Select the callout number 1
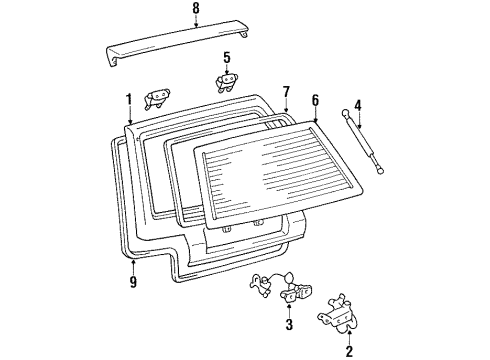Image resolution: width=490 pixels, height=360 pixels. pyautogui.click(x=128, y=98)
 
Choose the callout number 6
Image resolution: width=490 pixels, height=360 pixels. pyautogui.click(x=315, y=99)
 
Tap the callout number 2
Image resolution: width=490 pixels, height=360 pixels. pyautogui.click(x=348, y=351)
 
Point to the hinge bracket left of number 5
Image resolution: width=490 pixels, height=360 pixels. pyautogui.click(x=158, y=97)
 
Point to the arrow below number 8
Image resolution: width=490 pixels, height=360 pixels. pyautogui.click(x=195, y=25)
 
